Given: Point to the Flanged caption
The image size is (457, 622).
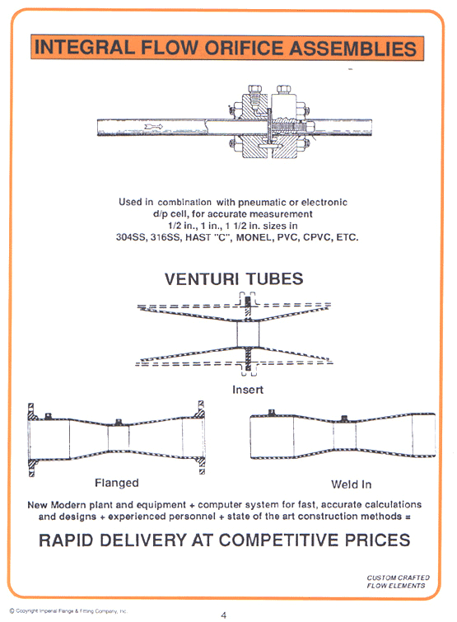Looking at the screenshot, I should click(x=116, y=483).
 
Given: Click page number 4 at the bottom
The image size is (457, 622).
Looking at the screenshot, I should click(x=223, y=615).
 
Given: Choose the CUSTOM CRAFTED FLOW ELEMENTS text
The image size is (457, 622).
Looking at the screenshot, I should click(x=396, y=582).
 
